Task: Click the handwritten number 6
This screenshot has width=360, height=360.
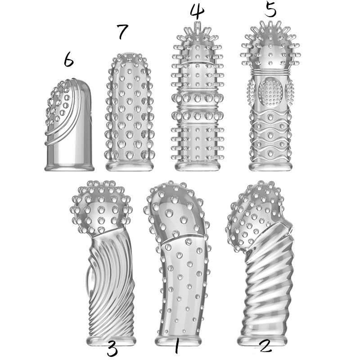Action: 69,59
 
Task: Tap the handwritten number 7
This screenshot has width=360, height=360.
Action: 122,31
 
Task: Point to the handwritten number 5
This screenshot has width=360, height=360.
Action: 270,9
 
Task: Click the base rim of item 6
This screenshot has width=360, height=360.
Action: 69,167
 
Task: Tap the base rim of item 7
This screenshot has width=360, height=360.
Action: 130,166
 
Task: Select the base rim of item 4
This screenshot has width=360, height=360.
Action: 198,166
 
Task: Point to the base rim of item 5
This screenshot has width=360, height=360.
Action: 270,166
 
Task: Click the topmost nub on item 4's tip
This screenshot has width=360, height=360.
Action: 198,25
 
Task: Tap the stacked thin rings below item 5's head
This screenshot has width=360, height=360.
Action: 270,72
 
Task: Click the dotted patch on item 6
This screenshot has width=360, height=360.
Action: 58,103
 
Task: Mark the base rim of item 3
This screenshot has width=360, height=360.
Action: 111,341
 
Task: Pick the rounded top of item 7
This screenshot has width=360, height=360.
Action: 130,60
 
